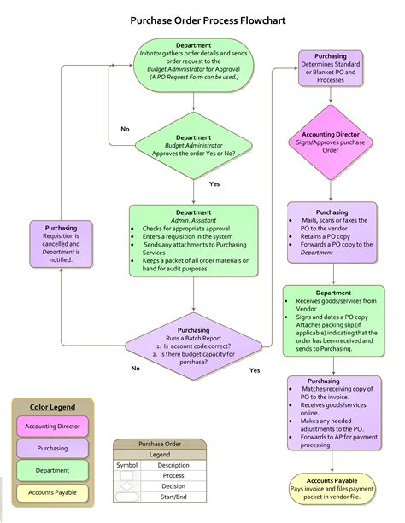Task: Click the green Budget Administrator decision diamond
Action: tap(193, 146)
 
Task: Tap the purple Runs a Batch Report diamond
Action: tap(193, 345)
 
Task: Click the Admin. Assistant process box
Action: tap(193, 240)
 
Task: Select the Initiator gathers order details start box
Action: tap(193, 61)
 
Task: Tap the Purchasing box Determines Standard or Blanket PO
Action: tap(332, 69)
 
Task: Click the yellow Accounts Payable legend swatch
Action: tap(52, 492)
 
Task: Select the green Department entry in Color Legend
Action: tap(52, 470)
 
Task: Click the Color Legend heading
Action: tap(52, 407)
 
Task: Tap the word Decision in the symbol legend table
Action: tap(173, 485)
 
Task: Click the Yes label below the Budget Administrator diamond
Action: tap(214, 184)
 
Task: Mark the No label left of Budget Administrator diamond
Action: tap(125, 129)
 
